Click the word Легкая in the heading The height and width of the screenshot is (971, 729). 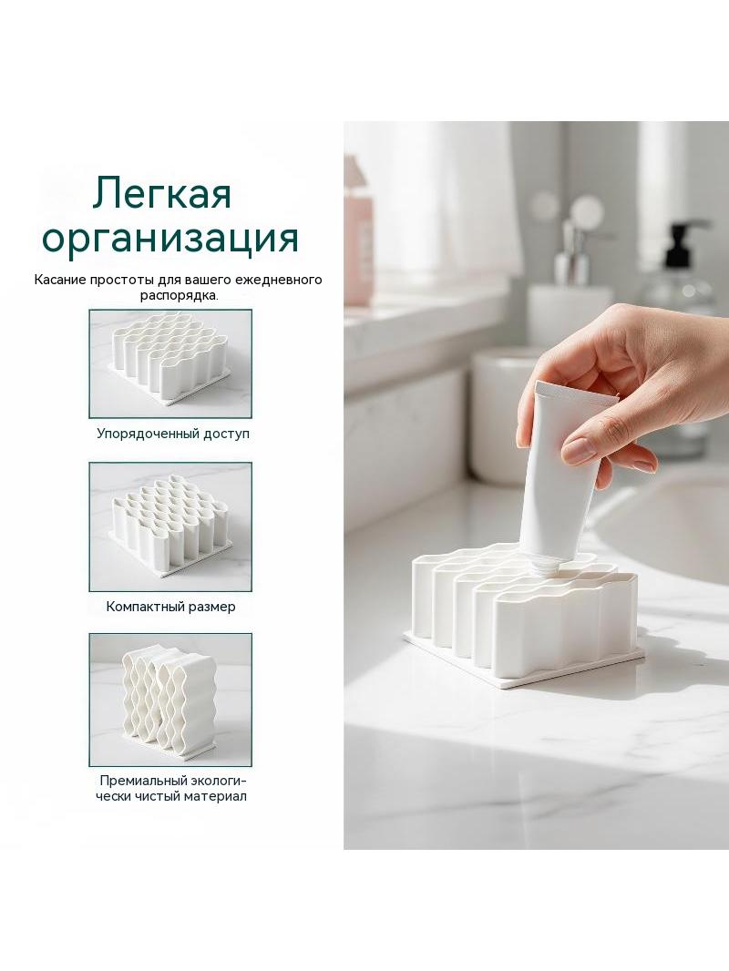162,193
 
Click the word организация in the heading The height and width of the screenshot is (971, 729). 170,239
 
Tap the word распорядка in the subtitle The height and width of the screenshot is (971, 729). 179,295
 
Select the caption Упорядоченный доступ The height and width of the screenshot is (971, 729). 173,434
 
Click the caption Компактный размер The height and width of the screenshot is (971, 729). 171,607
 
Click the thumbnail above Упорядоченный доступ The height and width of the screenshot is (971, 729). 170,363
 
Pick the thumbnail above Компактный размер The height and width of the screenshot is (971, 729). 170,526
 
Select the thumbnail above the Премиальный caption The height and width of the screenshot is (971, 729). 170,700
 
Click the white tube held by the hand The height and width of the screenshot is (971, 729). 560,471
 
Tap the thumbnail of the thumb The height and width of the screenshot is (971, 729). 583,449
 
